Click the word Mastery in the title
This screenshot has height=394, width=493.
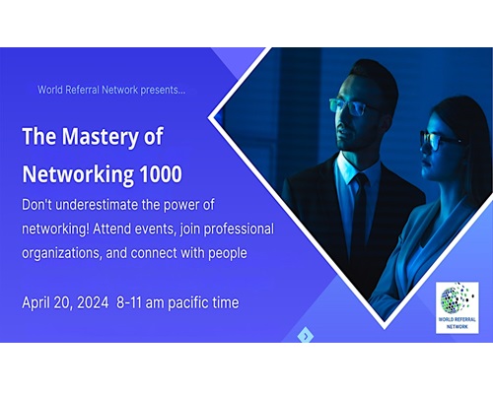[100, 137]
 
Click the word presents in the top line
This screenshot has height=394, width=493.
[163, 91]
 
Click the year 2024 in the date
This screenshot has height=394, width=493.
[93, 302]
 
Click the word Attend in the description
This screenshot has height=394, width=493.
[110, 229]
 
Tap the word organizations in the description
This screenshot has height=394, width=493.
[62, 253]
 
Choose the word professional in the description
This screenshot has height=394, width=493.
[239, 230]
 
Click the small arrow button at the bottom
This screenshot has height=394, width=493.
[306, 336]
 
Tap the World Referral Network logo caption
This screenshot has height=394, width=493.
[457, 323]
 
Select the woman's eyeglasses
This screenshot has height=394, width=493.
[439, 141]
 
